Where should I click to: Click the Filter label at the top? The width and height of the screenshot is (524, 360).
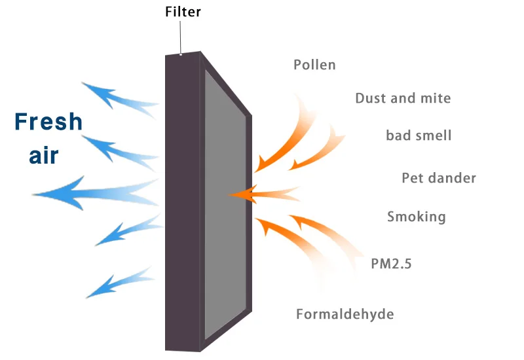(x=183, y=12)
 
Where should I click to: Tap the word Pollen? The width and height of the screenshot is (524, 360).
(x=314, y=65)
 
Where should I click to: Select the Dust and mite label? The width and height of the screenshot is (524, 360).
(x=403, y=99)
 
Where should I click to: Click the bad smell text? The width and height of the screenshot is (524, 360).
(x=419, y=136)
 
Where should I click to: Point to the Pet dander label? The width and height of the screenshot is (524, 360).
(x=438, y=178)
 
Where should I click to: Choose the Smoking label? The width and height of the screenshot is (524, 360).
(x=416, y=217)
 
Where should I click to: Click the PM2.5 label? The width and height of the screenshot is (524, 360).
(x=391, y=264)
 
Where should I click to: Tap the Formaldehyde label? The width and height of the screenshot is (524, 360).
(x=345, y=314)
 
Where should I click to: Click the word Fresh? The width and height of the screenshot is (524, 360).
(x=48, y=122)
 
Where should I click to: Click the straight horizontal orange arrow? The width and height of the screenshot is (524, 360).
(x=262, y=194)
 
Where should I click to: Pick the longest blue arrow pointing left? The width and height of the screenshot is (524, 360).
(x=92, y=192)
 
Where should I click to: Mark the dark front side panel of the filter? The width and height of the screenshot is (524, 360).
(x=182, y=203)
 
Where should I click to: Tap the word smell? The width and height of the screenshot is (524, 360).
(x=434, y=136)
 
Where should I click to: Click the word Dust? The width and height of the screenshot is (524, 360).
(x=370, y=99)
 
